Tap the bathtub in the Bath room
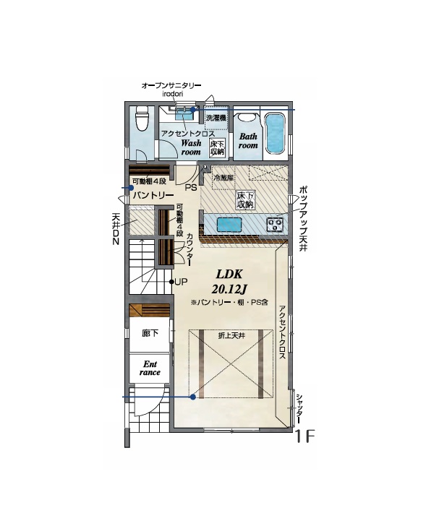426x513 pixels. [x=274, y=133]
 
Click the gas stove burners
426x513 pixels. [x=275, y=225]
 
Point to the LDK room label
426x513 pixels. [x=229, y=274]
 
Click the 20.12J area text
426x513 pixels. [x=229, y=289]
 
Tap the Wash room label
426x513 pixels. [x=191, y=147]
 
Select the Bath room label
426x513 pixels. [x=248, y=141]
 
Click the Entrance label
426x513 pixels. [x=150, y=368]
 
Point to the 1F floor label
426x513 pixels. [x=304, y=436]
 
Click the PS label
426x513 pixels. [x=191, y=188]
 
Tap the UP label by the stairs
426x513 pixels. [x=181, y=282]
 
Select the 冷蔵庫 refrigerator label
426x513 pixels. [x=223, y=178]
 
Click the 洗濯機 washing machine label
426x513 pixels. [x=216, y=118]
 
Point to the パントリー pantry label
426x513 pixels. [x=153, y=196]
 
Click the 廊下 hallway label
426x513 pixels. [x=150, y=333]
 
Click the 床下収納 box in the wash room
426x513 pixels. [x=217, y=147]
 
